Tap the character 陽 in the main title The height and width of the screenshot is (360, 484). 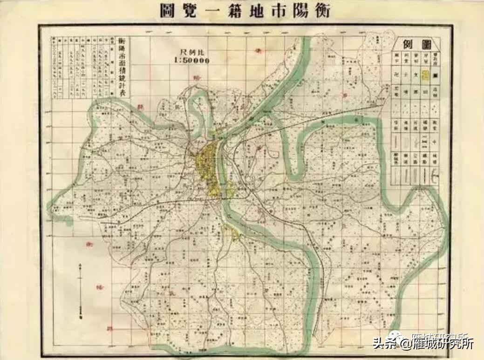297,10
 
